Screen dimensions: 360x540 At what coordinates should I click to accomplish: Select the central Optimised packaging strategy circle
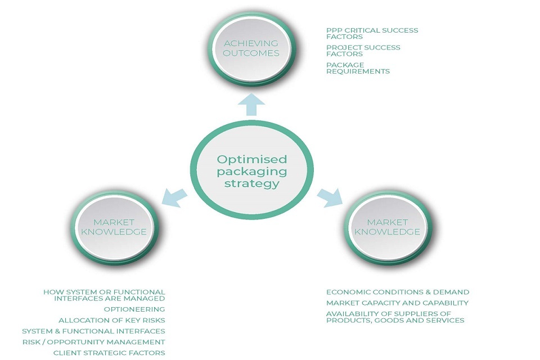coord(251,171)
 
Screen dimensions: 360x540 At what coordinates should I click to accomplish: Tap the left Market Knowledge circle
coord(114,227)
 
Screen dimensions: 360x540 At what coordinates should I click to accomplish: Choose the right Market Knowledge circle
coord(386,227)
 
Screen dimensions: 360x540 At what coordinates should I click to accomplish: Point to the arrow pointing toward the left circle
coord(175,195)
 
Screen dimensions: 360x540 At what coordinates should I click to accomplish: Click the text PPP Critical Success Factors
coord(372,33)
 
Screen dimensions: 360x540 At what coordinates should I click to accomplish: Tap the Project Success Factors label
coord(363,51)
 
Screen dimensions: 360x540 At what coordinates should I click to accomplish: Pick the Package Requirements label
coord(358,68)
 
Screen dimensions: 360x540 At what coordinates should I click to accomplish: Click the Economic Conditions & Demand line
coord(397,292)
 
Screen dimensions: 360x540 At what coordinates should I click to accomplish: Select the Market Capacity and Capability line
coord(397,303)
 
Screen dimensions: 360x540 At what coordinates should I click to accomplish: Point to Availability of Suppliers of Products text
coord(395,317)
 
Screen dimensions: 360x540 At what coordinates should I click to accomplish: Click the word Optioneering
coord(134,309)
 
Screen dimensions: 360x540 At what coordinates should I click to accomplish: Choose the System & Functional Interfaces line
coord(93,331)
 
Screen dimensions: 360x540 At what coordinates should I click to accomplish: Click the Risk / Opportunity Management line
coord(93,341)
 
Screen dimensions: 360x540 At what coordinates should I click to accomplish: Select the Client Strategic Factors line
coord(109,353)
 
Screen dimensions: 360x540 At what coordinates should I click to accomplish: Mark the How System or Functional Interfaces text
coord(104,295)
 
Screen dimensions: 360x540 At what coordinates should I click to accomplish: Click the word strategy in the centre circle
coord(251,183)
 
